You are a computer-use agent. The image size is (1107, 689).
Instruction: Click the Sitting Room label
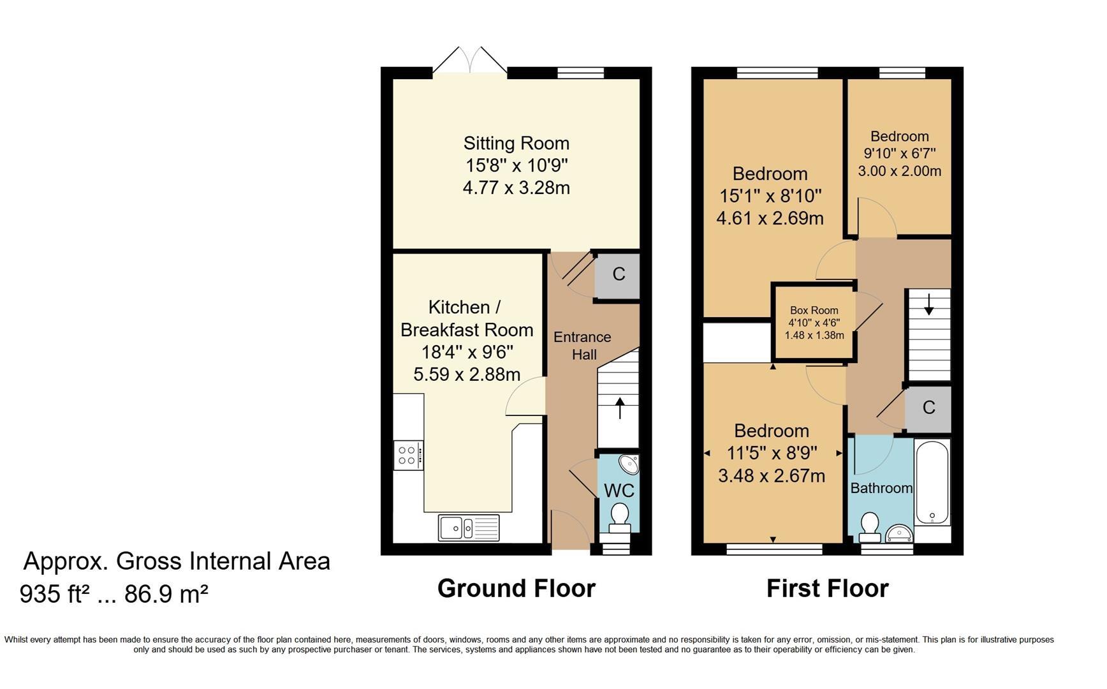[x=516, y=144]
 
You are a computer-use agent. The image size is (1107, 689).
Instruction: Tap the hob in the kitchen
[x=408, y=456]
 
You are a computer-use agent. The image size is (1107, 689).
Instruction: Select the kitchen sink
[x=469, y=528]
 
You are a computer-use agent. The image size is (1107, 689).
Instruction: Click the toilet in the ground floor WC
[x=619, y=517]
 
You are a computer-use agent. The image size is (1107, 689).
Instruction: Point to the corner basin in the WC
[x=629, y=464]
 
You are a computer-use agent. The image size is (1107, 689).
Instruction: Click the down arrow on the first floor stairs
[x=928, y=304]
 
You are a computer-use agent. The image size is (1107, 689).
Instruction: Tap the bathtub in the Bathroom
[x=932, y=482]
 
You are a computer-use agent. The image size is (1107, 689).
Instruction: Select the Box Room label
[x=814, y=311]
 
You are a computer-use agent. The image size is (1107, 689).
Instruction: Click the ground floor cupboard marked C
[x=618, y=275]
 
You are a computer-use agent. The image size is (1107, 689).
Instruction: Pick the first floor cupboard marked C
[x=928, y=408]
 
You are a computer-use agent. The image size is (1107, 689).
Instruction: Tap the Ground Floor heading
[x=517, y=588]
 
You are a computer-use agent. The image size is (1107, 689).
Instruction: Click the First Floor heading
[x=827, y=588]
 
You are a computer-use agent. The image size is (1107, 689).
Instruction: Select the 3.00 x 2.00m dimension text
[x=899, y=171]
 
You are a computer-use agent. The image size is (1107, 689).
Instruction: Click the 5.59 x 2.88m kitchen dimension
[x=467, y=374]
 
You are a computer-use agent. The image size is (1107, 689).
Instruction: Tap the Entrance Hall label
[x=582, y=346]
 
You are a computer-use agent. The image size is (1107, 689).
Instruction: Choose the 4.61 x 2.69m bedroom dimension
[x=770, y=218]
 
